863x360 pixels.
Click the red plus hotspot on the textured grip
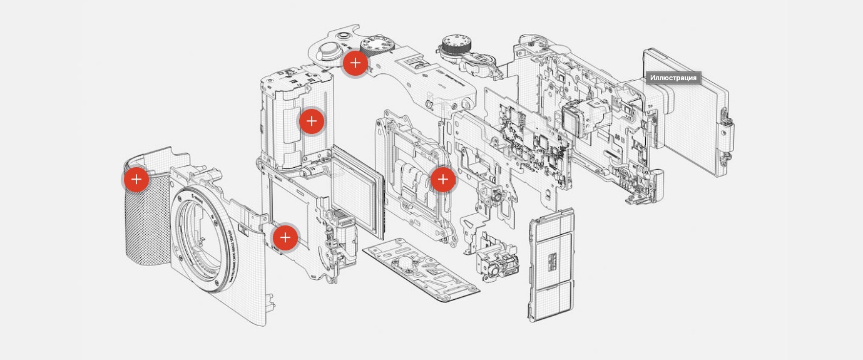[x=136, y=180]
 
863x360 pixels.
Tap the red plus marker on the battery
[x=311, y=121]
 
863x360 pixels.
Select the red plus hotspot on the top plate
[x=355, y=63]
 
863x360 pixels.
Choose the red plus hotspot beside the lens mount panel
[x=285, y=237]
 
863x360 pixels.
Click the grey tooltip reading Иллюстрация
[x=673, y=78]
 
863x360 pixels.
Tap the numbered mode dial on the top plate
[x=379, y=44]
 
